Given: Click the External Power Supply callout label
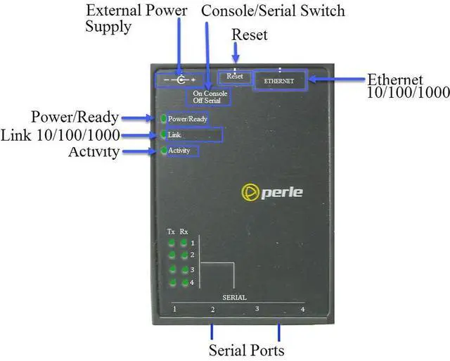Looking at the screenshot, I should (136, 18).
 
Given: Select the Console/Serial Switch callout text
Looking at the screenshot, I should (273, 11).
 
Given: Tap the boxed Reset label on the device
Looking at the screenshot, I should (234, 76).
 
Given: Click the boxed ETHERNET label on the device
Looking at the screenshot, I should (279, 81).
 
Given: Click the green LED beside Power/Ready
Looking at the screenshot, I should (163, 119).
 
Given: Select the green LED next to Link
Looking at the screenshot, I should (163, 134).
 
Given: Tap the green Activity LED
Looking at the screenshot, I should (163, 151).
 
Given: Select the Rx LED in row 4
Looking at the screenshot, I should (184, 283).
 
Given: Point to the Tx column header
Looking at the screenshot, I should (171, 232).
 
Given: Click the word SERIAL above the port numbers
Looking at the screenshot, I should (234, 298).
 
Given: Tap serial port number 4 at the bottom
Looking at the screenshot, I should (302, 310).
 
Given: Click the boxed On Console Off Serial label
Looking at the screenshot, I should (210, 97).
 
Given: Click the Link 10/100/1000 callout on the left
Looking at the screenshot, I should (60, 134).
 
